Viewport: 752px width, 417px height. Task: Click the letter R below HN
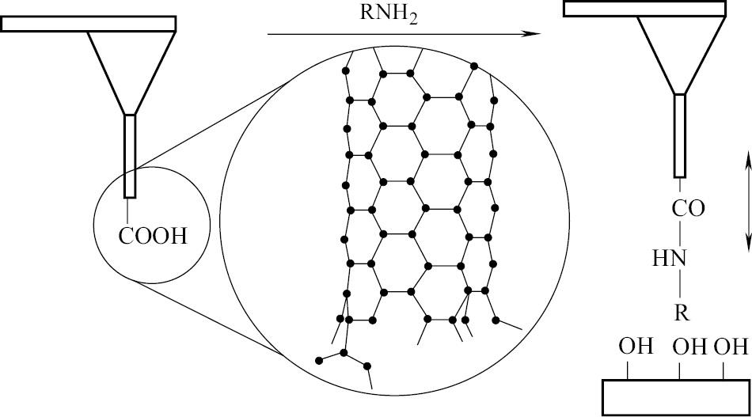click(681, 313)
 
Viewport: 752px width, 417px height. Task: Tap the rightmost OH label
click(730, 347)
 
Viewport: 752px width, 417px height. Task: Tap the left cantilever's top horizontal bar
click(88, 24)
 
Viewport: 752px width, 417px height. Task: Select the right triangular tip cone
click(680, 49)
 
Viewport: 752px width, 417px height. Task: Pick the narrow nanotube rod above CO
click(680, 135)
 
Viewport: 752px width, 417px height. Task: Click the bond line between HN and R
click(680, 285)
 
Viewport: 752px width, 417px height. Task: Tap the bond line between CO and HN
click(680, 233)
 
